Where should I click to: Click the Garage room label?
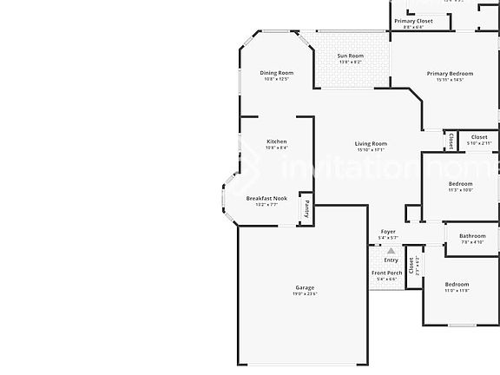pos(304,287)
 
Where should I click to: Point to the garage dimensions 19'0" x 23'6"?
pos(304,294)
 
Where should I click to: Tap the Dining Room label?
pos(277,73)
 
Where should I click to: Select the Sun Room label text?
pos(350,56)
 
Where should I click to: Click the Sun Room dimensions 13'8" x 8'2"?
pos(350,62)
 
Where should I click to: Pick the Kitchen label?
pos(276,141)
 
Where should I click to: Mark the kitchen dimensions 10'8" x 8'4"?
pos(276,148)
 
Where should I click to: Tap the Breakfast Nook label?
pos(261,198)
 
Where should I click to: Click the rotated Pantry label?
pos(306,209)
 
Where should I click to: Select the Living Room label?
pos(371,143)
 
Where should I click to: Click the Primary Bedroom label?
pos(450,74)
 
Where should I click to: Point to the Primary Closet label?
pos(413,21)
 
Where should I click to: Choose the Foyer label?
pos(388,232)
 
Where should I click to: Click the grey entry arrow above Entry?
pos(391,250)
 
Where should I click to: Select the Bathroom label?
pos(472,236)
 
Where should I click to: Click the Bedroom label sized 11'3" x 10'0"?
pos(460,184)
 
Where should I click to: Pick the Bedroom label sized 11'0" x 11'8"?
pos(457,284)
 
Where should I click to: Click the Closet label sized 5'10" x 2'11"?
pos(478,136)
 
